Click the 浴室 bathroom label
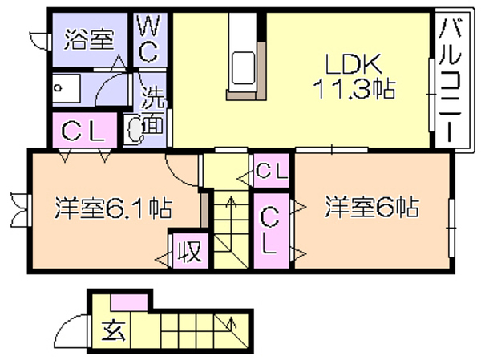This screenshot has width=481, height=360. point(89,39)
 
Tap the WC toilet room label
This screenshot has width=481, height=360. point(149,39)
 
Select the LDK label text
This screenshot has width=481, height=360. point(353,64)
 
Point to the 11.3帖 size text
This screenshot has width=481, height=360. point(354,89)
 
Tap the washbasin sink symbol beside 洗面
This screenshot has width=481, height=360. point(134,129)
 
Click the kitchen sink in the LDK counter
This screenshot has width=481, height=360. point(243,68)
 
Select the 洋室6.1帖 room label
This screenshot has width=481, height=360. point(113,208)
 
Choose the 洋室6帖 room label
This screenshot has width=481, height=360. point(372,206)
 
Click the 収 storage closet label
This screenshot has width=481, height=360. point(190,251)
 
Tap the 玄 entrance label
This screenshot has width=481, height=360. point(113,331)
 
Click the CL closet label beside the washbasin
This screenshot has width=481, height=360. point(83,131)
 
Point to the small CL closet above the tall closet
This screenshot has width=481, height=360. point(272,171)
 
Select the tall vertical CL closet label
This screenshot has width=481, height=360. point(269,230)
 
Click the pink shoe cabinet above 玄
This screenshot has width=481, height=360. point(129,302)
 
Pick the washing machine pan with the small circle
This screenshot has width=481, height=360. point(66,88)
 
